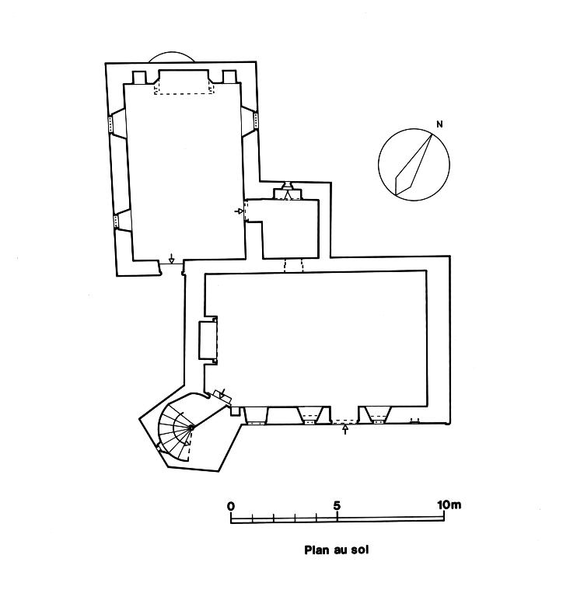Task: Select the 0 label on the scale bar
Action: click(x=231, y=505)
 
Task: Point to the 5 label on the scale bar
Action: click(x=337, y=505)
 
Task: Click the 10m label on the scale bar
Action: click(x=449, y=505)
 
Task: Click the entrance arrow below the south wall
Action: click(x=345, y=430)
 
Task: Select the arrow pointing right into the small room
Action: click(x=239, y=211)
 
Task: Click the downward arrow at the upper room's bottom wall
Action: click(x=171, y=260)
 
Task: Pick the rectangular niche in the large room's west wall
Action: click(x=208, y=340)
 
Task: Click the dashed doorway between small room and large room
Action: click(x=293, y=265)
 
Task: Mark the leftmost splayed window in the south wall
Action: click(x=255, y=415)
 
